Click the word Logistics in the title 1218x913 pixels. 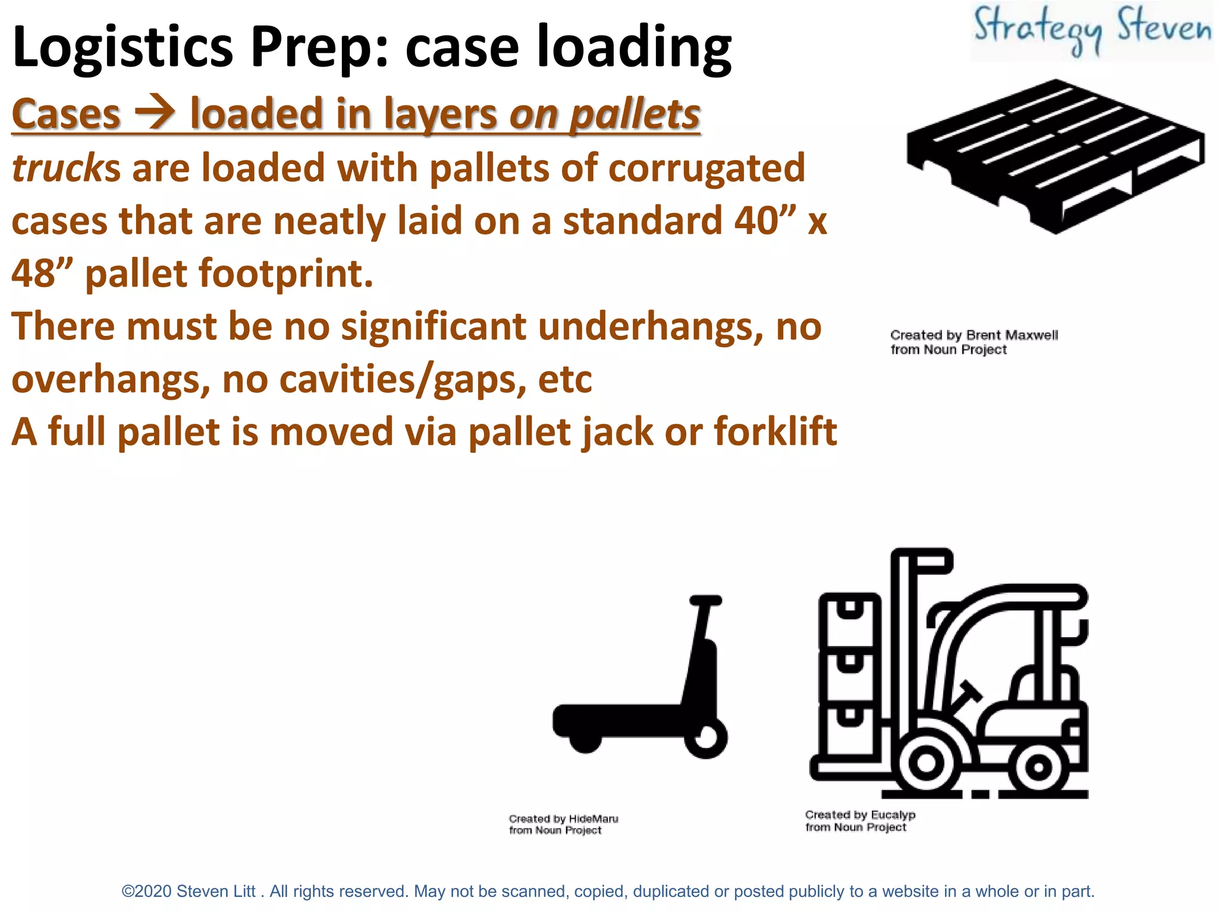coord(123,48)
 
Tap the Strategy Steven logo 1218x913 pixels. coord(1092,30)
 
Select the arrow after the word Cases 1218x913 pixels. coord(155,113)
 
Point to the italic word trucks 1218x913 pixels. coord(65,168)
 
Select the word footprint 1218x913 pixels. coord(285,274)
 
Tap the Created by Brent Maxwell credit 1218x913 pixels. coord(974,342)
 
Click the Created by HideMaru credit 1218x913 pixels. coord(563,824)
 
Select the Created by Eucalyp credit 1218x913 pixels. coord(860,821)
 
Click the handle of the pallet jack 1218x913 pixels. coord(705,600)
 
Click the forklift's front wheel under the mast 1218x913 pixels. coord(926,763)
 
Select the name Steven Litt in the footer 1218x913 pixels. coord(216,892)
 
